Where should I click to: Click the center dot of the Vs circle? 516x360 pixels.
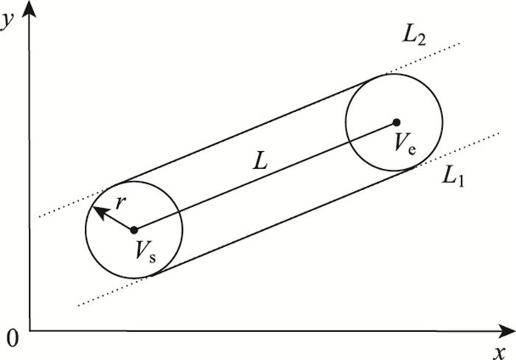(133, 230)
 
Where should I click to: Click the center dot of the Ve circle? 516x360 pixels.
(396, 122)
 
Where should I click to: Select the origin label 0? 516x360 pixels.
(10, 339)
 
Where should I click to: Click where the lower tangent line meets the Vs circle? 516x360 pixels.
(150, 276)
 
